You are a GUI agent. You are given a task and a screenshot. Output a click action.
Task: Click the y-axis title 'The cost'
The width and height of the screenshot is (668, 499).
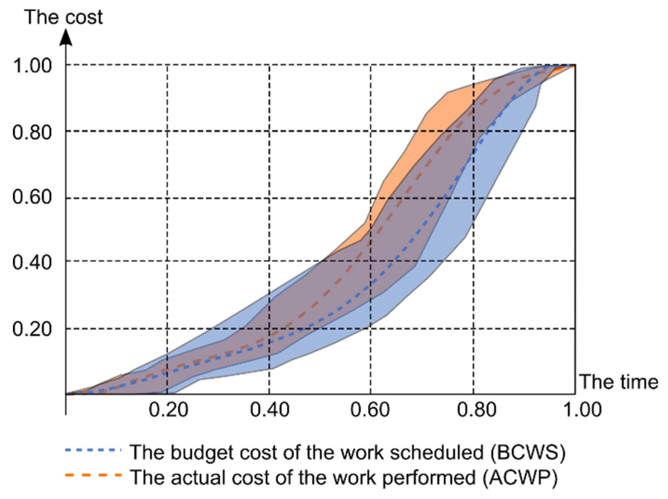click(x=63, y=17)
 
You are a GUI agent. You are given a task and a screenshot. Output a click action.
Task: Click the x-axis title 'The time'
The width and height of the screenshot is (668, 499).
click(x=619, y=382)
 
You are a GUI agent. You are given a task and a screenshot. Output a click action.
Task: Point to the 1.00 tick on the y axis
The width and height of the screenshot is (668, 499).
click(x=32, y=65)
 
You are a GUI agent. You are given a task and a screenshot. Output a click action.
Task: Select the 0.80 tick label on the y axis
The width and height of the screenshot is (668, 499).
click(x=32, y=132)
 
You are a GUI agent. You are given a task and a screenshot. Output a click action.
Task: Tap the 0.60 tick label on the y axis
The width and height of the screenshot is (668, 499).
click(x=32, y=197)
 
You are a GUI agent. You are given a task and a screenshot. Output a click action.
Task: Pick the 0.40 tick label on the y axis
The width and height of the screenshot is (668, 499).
click(x=32, y=262)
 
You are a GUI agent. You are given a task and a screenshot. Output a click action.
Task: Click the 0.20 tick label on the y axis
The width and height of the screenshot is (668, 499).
click(x=32, y=328)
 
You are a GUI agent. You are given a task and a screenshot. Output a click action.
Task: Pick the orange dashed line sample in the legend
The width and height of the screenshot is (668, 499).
click(x=93, y=475)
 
